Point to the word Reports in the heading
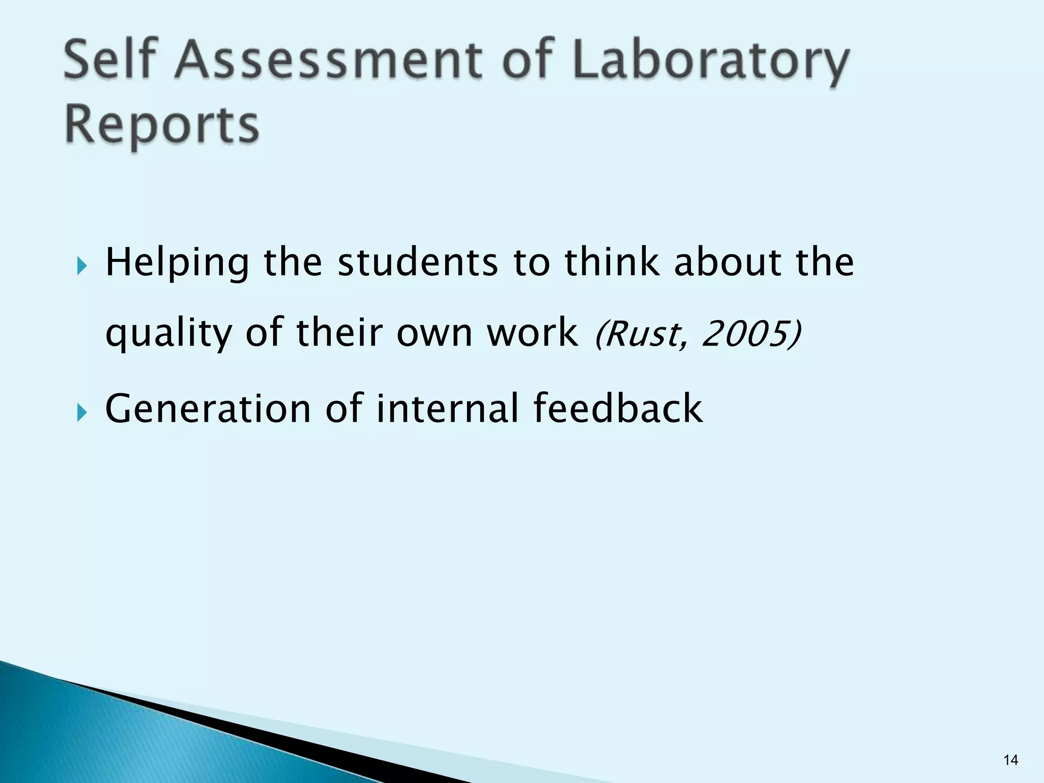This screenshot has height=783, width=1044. click(162, 126)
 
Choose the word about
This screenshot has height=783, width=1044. click(727, 263)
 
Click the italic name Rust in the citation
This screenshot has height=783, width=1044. click(642, 334)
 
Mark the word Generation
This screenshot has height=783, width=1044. click(208, 409)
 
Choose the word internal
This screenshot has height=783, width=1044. click(448, 409)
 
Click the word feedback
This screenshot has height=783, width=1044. click(618, 409)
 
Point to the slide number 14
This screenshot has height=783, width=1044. click(1010, 760)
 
